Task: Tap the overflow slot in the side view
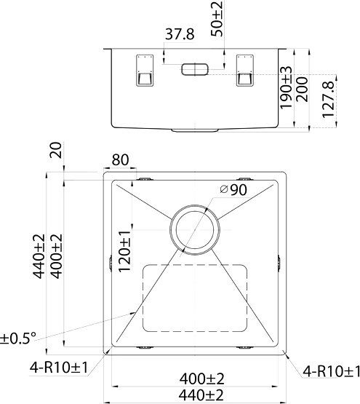194,69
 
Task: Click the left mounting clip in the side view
143,70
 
